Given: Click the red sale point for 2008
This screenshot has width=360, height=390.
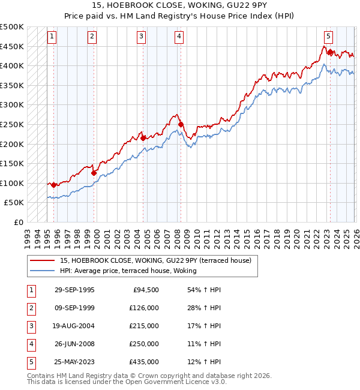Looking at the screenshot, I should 181,125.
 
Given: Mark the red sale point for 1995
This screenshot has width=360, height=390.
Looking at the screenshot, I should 54,185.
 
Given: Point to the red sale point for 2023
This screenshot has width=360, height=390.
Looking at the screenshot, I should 329,52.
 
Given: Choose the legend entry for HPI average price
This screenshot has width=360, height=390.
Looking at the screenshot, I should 133,271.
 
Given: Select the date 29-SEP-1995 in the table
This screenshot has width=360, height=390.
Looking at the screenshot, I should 74,290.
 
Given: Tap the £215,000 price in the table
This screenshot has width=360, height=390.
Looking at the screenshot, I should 145,326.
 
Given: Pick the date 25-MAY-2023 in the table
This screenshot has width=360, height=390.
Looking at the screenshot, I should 74,362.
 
